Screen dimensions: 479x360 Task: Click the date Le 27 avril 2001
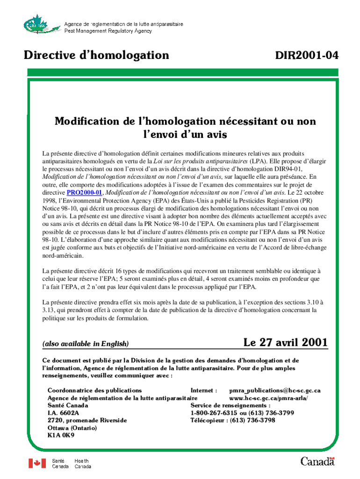285,342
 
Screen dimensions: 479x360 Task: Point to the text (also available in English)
86,344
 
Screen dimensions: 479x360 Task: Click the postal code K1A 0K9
61,435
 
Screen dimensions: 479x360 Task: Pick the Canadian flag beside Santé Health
37,463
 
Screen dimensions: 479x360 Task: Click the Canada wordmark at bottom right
317,461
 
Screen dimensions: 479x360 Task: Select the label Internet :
204,390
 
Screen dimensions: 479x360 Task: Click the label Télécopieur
207,420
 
